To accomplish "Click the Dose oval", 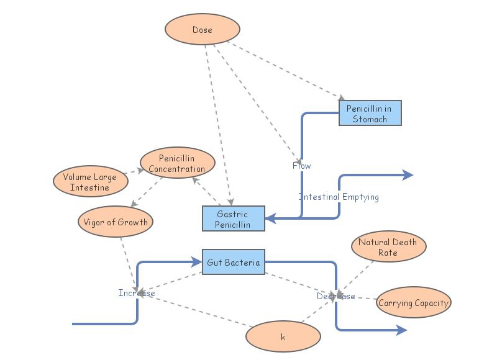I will point(202,30).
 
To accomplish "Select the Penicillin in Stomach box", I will point(370,114).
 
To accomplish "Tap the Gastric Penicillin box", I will point(234,218).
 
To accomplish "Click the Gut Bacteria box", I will point(233,263).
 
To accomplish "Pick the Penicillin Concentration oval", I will point(178,164).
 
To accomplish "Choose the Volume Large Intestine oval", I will point(90,182).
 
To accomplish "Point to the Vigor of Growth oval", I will point(116,222).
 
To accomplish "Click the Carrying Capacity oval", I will point(413,303).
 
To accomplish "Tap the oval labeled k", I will point(283,337).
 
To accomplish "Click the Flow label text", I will point(302,166).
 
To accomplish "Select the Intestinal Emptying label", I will point(339,197).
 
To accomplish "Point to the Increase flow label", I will point(137,293).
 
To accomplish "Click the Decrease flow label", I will point(336,297).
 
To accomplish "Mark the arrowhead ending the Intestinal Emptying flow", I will point(408,175).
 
